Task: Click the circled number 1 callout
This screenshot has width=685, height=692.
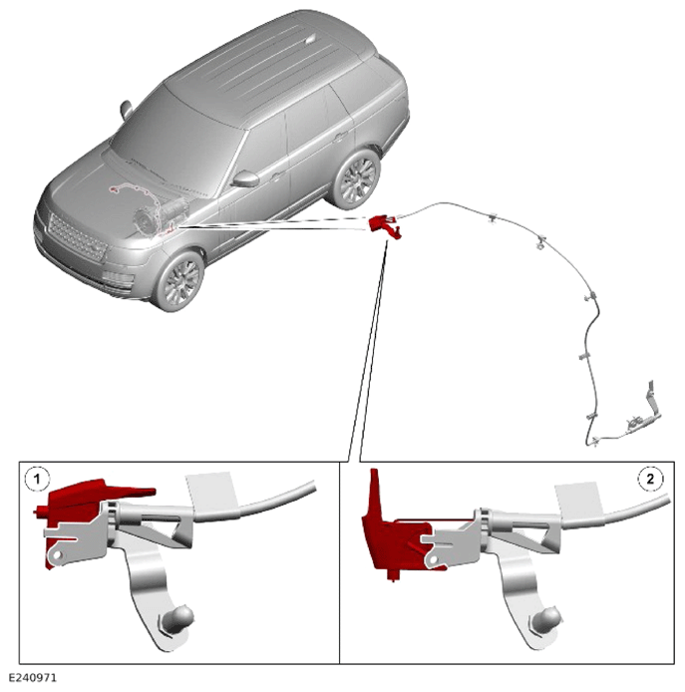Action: coord(37,479)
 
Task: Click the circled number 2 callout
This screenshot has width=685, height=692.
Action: coord(650,479)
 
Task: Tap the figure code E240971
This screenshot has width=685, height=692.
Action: coord(33,677)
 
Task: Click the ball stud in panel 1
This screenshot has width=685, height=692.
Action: coord(178,617)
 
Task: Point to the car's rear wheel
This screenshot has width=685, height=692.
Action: coord(356,177)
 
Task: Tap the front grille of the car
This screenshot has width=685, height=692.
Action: coord(77,237)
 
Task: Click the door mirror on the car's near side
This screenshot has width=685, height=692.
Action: coord(245,178)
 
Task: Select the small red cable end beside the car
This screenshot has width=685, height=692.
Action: coord(385,226)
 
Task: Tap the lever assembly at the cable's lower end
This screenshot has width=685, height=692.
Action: coord(642,413)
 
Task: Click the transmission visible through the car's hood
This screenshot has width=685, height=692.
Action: coord(162,215)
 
